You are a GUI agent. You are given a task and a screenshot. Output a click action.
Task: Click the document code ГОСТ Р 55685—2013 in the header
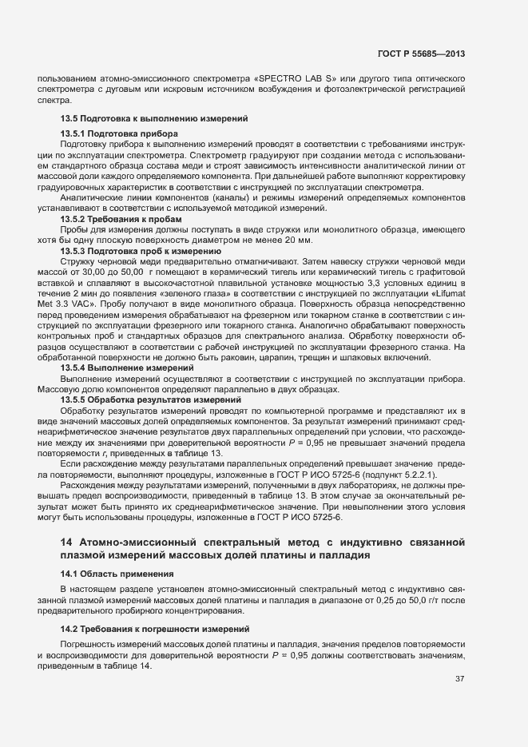click(421, 54)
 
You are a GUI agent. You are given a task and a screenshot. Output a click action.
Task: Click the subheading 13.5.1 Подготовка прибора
click(119, 132)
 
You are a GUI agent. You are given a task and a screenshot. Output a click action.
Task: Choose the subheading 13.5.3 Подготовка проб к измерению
click(140, 251)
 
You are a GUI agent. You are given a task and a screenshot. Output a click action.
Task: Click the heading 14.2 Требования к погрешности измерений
click(155, 630)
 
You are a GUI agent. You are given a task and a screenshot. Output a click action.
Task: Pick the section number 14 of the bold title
click(66, 542)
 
